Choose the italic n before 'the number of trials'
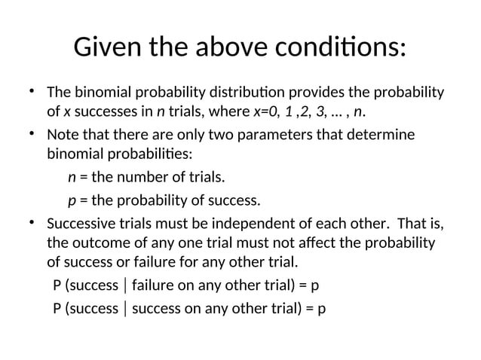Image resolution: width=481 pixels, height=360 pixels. [x=72, y=179]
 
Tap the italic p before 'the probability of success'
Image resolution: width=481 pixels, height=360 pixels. [x=72, y=201]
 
